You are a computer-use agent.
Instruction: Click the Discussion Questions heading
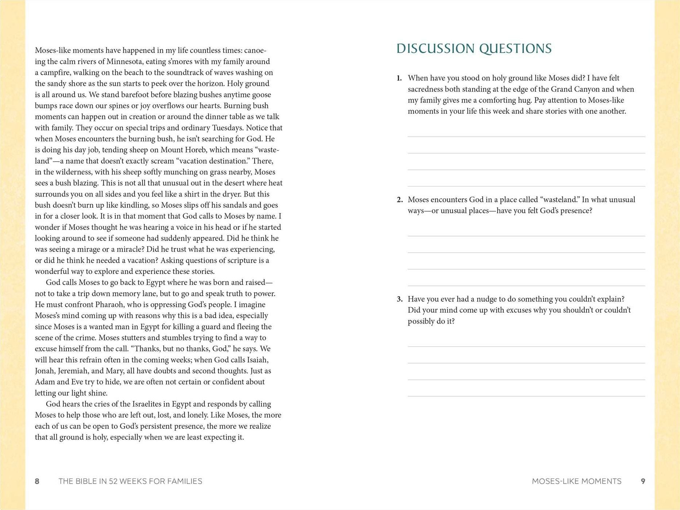coord(474,49)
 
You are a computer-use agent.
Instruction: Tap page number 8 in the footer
coord(37,481)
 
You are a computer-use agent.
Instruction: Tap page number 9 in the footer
coord(643,481)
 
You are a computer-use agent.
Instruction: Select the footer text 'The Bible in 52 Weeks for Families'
coord(130,481)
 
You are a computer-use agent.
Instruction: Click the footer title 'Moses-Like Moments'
coord(576,481)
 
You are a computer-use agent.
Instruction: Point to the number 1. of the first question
coord(399,78)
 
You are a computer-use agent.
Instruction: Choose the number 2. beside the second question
coord(399,200)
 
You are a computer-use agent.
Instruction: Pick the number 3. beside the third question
coord(399,299)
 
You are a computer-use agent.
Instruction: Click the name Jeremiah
coord(73,371)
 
